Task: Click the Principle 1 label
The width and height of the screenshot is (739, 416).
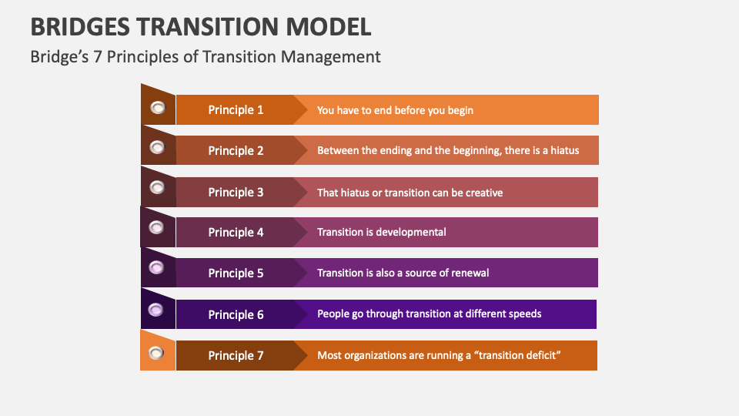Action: point(236,110)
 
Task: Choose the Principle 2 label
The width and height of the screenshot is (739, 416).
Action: point(236,151)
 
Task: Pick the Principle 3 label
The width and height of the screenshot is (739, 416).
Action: point(236,192)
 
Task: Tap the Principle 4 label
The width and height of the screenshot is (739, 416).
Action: point(236,233)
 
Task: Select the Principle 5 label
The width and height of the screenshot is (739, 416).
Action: point(236,273)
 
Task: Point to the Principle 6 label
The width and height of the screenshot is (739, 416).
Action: point(236,314)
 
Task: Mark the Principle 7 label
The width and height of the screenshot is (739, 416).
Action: point(236,355)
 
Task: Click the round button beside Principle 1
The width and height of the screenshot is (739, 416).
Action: point(158,108)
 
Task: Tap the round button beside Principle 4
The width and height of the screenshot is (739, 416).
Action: point(156,227)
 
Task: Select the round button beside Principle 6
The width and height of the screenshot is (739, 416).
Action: point(155,310)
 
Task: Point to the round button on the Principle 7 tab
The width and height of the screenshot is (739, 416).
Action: point(156,353)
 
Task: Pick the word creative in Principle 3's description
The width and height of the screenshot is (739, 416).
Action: point(481,192)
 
